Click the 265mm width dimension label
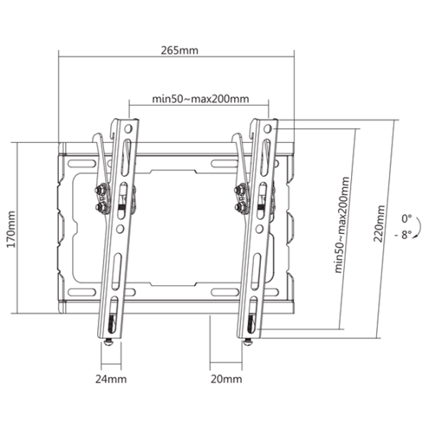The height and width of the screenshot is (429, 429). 179,50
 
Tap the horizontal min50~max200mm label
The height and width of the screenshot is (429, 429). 200,99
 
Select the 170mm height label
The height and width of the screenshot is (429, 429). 11,229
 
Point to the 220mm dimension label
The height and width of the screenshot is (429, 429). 379,224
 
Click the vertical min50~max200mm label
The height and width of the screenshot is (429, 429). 342,225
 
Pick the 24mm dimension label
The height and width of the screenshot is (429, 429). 111,379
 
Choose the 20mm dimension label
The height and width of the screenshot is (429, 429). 226,379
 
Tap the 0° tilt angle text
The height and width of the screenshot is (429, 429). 406,219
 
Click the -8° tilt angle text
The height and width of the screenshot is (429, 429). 403,235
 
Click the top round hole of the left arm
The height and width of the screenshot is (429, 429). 128,129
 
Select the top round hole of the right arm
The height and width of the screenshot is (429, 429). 268,129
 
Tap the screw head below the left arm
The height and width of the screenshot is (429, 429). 109,342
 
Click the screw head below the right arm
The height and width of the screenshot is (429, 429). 248,342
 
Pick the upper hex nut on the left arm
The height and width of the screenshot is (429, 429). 100,189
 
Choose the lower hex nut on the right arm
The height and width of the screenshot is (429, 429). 240,207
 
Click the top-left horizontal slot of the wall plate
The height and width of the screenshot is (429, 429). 82,164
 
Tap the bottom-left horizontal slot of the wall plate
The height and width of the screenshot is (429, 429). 82,292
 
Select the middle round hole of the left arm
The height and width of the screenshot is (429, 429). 120,229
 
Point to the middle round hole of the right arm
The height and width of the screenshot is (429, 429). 260,229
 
